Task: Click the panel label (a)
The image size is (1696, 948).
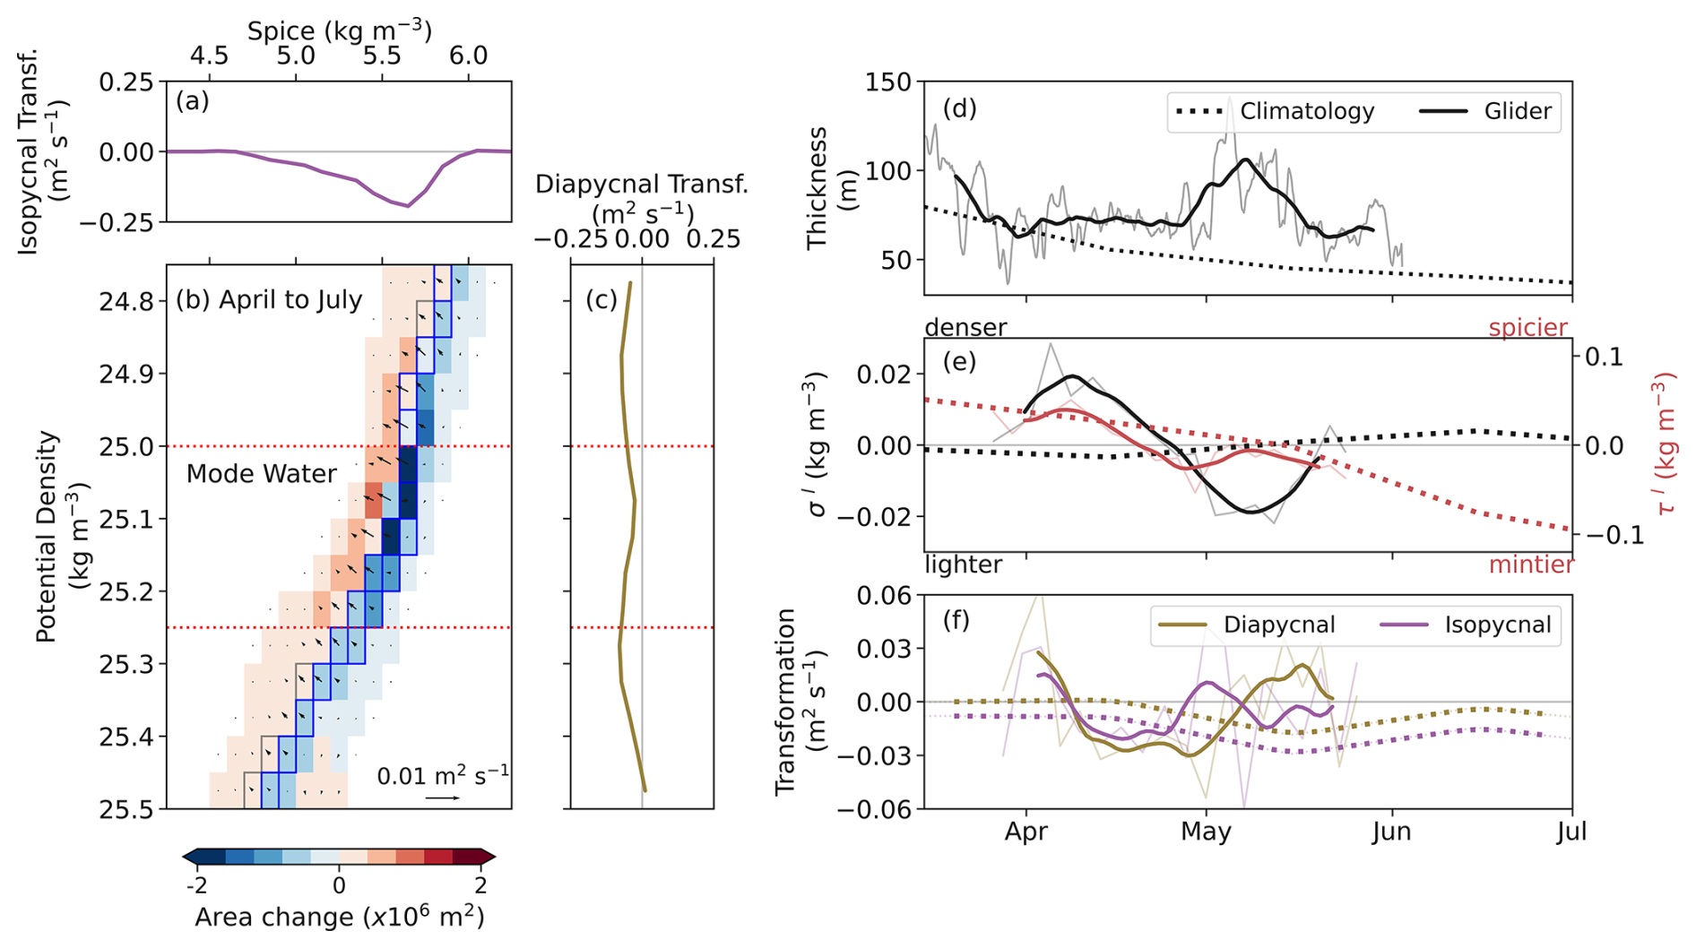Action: pos(193,101)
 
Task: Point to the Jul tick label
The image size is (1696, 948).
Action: pos(1571,832)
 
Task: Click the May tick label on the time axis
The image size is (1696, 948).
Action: pos(1206,832)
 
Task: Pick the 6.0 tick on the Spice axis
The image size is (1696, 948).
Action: pos(468,56)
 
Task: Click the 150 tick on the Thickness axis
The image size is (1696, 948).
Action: pos(888,82)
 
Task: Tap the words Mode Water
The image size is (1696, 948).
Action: pos(261,474)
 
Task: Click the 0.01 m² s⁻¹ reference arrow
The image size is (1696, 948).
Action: pos(442,797)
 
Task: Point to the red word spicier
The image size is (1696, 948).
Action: pos(1527,328)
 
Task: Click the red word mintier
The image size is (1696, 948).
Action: pos(1531,564)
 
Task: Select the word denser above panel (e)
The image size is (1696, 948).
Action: pos(965,328)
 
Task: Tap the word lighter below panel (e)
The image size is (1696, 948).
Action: pos(963,564)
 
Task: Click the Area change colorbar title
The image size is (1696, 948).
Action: pos(339,918)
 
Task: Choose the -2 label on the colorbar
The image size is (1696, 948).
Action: pos(196,885)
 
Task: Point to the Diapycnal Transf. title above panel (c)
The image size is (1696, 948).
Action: pos(641,185)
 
